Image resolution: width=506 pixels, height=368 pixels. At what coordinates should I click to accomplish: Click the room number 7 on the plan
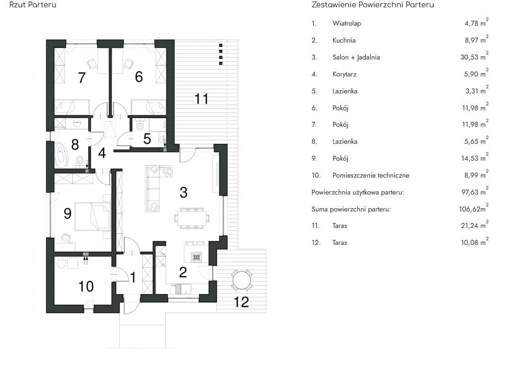(81, 77)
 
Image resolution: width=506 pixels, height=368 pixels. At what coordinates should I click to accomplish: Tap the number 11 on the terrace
(201, 98)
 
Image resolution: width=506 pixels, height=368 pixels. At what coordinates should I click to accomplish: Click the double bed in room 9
(92, 216)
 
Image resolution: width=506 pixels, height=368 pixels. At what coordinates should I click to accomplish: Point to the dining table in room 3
(192, 218)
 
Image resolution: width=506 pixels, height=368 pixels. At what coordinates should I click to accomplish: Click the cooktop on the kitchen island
(196, 257)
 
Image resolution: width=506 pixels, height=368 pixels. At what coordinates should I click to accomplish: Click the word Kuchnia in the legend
(344, 40)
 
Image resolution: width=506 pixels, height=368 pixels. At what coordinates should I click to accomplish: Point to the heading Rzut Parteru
(32, 5)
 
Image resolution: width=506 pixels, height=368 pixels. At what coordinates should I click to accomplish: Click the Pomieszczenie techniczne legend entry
(371, 175)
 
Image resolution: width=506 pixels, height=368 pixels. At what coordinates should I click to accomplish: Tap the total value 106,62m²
(474, 209)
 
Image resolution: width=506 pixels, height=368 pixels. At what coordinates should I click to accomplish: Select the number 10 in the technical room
(86, 287)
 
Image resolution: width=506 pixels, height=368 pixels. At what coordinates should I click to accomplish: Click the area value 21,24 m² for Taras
(475, 225)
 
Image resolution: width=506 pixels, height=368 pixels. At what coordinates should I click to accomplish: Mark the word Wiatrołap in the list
(347, 23)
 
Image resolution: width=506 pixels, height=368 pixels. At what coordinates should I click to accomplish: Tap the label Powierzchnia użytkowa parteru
(358, 192)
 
